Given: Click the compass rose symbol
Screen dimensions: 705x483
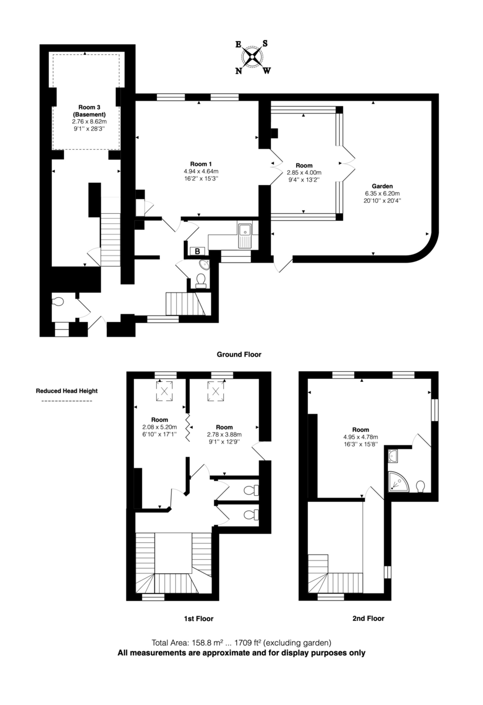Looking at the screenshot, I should pos(253,57).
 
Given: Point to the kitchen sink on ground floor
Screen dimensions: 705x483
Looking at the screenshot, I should pos(244,233).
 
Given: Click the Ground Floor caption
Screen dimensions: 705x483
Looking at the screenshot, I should pos(239,354).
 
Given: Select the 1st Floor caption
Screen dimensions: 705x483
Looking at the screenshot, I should pos(197,618).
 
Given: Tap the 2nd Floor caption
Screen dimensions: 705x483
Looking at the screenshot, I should pos(368,618).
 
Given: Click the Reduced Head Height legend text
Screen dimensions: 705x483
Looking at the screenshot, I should pos(66,391).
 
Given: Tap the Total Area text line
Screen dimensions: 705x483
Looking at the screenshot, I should pos(241,642).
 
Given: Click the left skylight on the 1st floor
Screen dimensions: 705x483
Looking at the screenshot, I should pos(165,390).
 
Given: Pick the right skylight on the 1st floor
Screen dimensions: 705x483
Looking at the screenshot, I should pos(215,390).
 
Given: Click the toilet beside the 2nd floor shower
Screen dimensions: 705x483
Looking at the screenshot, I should pos(420,486).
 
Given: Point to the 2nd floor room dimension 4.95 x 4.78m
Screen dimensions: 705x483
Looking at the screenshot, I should pos(361,437).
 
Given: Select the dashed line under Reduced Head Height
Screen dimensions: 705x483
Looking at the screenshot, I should pos(66,401).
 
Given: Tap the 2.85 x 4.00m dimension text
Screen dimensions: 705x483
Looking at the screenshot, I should pos(304,173).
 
